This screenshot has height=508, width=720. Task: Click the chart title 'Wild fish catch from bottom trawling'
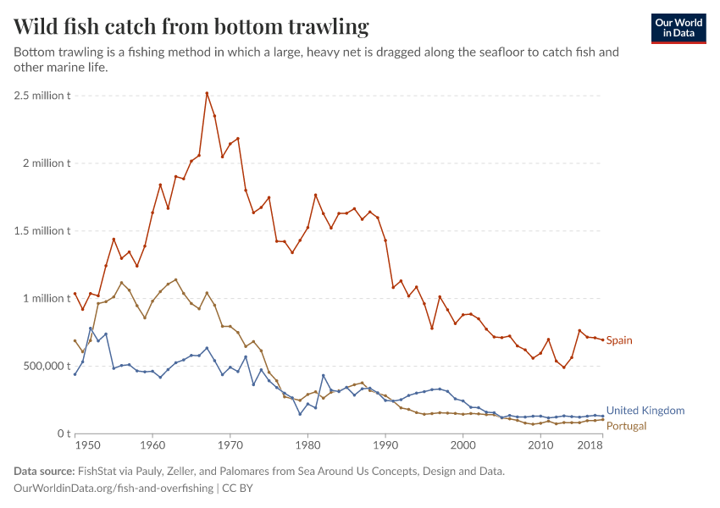191,27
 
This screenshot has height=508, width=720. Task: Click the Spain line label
619,340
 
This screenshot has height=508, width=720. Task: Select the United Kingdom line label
645,411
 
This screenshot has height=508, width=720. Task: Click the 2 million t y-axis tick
46,163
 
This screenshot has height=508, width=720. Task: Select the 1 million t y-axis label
46,298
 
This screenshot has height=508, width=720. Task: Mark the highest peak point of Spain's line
207,93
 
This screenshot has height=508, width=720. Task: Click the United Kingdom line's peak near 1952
91,329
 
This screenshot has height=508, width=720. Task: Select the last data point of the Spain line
602,340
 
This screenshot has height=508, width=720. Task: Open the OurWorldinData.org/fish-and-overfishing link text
114,489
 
